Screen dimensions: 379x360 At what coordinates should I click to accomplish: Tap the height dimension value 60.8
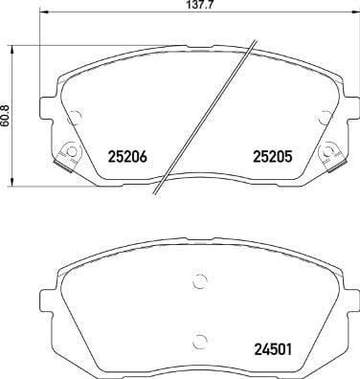point(8,114)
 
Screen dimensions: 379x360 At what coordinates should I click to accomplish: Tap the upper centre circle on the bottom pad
point(198,280)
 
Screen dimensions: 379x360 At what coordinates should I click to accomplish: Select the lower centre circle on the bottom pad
point(198,341)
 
